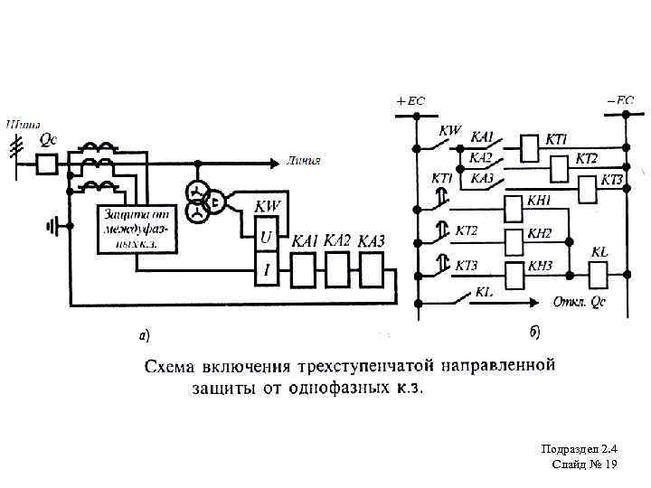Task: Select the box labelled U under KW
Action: point(266,238)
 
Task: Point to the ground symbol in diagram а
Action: point(56,225)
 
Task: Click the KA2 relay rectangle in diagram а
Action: point(336,268)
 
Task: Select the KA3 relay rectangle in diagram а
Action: point(371,268)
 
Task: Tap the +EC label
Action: point(410,100)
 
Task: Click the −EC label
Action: point(619,100)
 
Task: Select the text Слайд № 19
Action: point(584,464)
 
